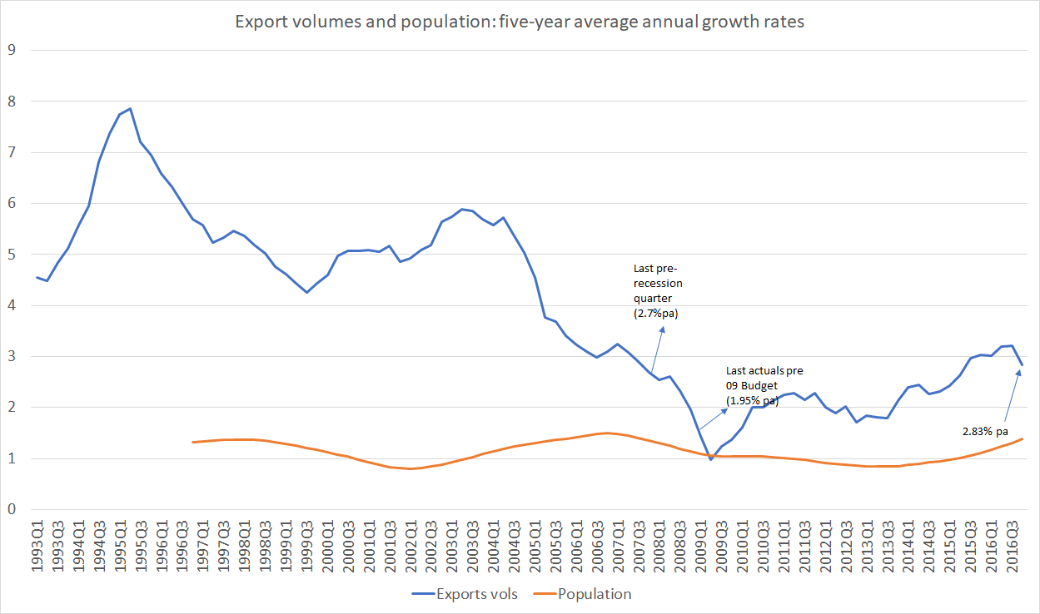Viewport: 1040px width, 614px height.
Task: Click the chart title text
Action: [x=520, y=22]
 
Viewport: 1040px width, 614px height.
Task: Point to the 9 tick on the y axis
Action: [x=12, y=50]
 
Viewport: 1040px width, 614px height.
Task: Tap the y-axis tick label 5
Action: [x=12, y=255]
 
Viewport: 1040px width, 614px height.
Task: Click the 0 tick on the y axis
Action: [x=12, y=509]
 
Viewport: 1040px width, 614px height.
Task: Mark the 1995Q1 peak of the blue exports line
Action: [x=130, y=108]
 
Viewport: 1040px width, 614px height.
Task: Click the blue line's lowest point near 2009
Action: [x=710, y=459]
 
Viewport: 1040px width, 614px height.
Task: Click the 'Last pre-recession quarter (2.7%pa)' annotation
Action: [x=658, y=291]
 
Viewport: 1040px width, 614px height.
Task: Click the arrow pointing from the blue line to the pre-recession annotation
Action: [x=657, y=349]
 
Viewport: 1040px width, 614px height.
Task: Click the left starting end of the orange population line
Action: [x=193, y=442]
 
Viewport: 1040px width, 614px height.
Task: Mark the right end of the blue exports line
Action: [x=1023, y=365]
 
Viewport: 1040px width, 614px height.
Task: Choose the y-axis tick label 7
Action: [x=12, y=152]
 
